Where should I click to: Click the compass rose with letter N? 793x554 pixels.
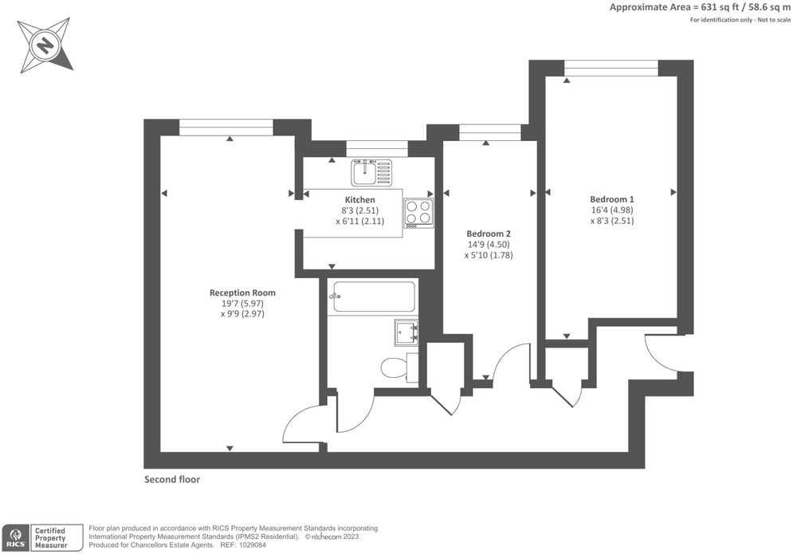pos(45,44)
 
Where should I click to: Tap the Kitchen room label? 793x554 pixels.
pos(359,199)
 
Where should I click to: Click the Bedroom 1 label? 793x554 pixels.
pos(611,199)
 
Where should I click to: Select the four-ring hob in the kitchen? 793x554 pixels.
pos(418,212)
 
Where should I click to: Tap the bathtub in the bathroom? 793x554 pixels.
pos(374,297)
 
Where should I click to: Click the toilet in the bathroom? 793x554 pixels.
pos(396,367)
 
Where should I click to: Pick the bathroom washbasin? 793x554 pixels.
pos(406,331)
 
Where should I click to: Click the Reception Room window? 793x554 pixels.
pos(226,128)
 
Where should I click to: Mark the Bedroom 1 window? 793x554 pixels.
pos(611,68)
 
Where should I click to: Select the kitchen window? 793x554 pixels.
pos(377,148)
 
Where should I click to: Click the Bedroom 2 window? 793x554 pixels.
pos(490,132)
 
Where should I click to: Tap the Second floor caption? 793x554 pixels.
pos(171,480)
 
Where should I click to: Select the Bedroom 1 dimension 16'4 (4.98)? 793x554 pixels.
pos(611,210)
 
